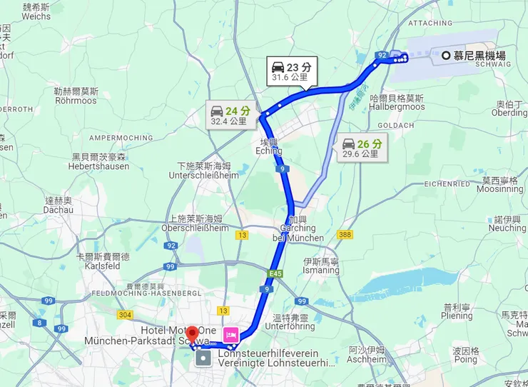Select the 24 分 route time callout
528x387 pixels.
coord(230,116)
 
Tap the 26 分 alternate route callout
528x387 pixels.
coord(362,148)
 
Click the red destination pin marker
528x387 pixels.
coord(192,333)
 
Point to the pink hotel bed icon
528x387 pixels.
coord(231,334)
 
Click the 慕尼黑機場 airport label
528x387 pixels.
coord(479,56)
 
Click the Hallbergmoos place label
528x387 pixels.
coord(397,102)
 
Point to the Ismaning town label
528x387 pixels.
coord(321,266)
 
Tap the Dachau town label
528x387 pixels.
coord(59,206)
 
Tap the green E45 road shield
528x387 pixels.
coord(276,273)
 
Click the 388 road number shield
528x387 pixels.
coord(345,235)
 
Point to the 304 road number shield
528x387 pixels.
coord(126,314)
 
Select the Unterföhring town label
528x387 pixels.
coord(285,321)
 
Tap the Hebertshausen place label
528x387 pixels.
coord(98,161)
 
